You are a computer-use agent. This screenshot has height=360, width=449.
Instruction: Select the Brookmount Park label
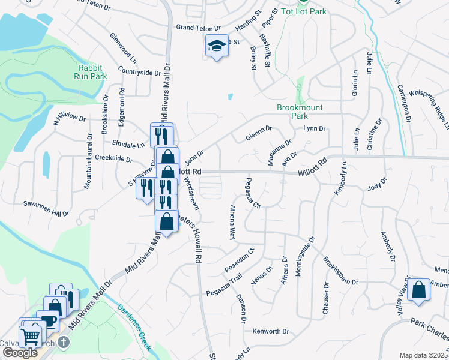click(300, 112)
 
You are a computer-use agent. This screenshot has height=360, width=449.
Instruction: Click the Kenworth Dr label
click(271, 331)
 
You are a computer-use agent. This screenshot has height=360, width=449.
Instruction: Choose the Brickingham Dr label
click(340, 272)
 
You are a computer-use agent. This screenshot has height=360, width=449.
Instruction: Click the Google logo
click(20, 353)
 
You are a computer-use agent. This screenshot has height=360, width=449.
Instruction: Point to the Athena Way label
click(232, 222)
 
